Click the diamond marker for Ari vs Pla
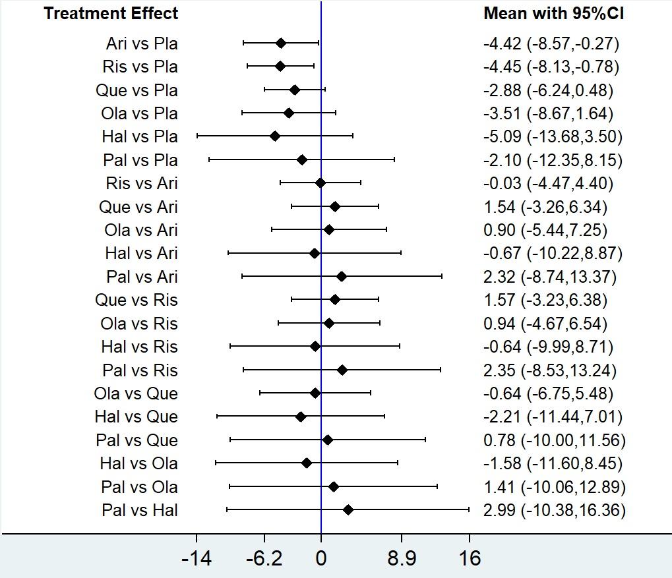281,43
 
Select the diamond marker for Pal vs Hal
348,509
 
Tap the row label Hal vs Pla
140,136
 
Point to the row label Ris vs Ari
141,183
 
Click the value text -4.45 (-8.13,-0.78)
551,67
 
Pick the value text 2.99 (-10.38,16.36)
554,509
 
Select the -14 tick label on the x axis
197,558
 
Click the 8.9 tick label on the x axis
402,558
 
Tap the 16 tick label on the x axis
470,558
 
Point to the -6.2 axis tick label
264,558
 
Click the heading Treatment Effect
111,13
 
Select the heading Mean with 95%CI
553,13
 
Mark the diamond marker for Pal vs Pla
302,159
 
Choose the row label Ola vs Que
136,393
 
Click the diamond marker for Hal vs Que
301,417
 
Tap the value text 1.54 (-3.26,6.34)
545,206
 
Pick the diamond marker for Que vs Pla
295,90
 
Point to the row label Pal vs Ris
140,370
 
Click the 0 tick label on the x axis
321,558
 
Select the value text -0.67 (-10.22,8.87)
553,253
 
